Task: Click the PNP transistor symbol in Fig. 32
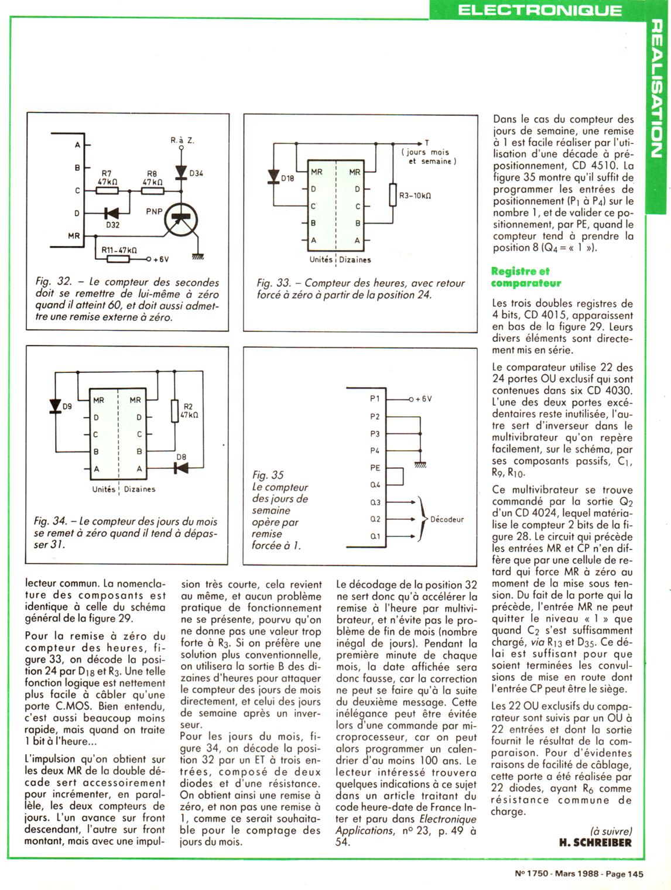click(181, 220)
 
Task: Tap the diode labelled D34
click(181, 172)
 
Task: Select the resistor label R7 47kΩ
click(107, 178)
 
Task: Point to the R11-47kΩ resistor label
click(119, 249)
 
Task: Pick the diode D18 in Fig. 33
click(273, 177)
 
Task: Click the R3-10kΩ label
click(415, 196)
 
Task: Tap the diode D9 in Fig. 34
click(56, 405)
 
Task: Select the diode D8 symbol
click(181, 467)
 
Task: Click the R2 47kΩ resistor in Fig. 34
click(174, 410)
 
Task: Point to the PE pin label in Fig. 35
click(375, 468)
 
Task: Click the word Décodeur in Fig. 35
click(447, 519)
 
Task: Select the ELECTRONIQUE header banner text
click(539, 10)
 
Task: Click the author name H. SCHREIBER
click(595, 843)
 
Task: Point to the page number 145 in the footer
click(635, 873)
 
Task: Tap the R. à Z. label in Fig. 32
click(182, 141)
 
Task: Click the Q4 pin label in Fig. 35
click(375, 485)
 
